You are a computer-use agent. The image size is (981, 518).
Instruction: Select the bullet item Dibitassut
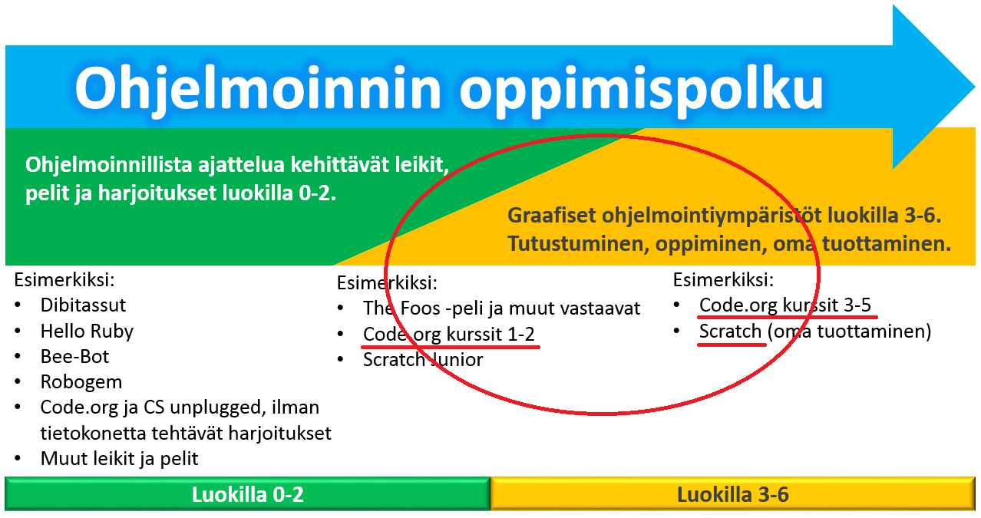[x=83, y=305]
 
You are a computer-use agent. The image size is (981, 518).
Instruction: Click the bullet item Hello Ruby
[x=87, y=332]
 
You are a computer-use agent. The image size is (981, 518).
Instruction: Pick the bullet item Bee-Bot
[x=74, y=356]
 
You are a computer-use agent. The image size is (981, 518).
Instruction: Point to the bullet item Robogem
[x=81, y=382]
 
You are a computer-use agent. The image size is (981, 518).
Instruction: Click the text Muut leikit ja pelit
[x=119, y=459]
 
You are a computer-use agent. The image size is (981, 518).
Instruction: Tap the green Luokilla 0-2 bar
[x=247, y=494]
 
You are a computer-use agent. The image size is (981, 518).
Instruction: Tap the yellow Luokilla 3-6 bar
[x=733, y=494]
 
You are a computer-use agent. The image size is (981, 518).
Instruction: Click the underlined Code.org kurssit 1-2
[x=449, y=335]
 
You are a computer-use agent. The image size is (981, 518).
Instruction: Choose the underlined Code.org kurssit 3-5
[x=785, y=305]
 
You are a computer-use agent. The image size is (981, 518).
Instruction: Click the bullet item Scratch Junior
[x=423, y=360]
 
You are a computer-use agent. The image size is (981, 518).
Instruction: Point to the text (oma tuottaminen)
[x=849, y=332]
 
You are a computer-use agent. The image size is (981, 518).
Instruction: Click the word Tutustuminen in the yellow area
[x=578, y=244]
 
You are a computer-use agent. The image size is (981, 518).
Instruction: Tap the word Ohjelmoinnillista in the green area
[x=108, y=165]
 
